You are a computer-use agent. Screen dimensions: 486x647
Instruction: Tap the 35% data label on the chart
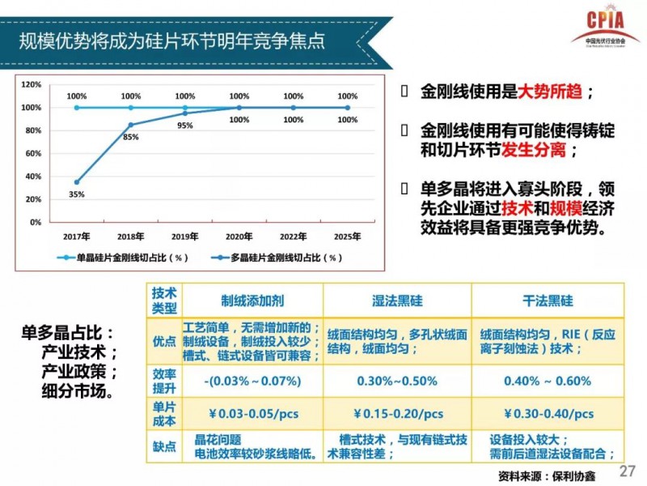point(77,194)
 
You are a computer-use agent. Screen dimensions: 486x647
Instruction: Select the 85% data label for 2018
point(130,137)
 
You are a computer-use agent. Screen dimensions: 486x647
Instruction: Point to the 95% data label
point(185,126)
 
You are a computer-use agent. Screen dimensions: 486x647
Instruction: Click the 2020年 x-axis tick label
point(239,236)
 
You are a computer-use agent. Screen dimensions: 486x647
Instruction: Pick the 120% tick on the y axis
point(31,84)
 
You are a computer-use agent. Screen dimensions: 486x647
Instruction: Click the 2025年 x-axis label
point(348,236)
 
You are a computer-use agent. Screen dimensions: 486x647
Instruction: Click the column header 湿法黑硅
point(396,301)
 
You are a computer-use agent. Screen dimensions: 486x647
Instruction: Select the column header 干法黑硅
point(548,301)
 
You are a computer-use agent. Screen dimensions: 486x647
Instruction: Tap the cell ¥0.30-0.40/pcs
point(547,413)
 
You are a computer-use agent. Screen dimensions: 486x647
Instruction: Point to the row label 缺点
point(164,446)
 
